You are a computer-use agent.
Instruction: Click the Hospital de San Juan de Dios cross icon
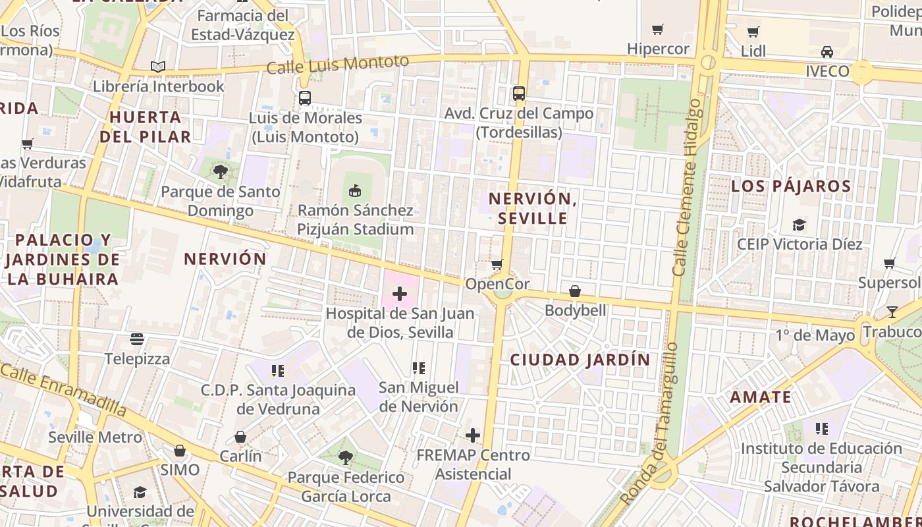pyautogui.click(x=400, y=294)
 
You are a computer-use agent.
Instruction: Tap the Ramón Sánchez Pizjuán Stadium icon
pyautogui.click(x=355, y=191)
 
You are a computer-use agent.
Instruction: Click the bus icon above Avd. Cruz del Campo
pyautogui.click(x=519, y=94)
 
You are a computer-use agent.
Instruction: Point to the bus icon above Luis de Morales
pyautogui.click(x=304, y=98)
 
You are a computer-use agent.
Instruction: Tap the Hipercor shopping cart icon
pyautogui.click(x=657, y=29)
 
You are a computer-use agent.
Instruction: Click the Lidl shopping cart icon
pyautogui.click(x=753, y=32)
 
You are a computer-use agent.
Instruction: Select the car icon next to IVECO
pyautogui.click(x=827, y=52)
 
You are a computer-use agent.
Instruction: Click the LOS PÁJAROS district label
pyautogui.click(x=791, y=186)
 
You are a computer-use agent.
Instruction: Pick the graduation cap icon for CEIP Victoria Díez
pyautogui.click(x=799, y=225)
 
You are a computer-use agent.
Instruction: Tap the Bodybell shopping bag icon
pyautogui.click(x=575, y=291)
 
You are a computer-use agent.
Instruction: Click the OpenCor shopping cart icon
pyautogui.click(x=497, y=265)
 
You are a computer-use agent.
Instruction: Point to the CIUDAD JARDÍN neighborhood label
pyautogui.click(x=580, y=360)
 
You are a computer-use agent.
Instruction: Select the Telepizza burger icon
pyautogui.click(x=137, y=339)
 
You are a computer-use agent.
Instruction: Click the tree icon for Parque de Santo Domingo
pyautogui.click(x=221, y=173)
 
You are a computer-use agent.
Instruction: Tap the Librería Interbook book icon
pyautogui.click(x=158, y=67)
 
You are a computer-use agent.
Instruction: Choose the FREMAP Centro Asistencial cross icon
pyautogui.click(x=473, y=435)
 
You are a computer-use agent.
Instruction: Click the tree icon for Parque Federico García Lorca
pyautogui.click(x=345, y=457)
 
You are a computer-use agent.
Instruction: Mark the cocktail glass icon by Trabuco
pyautogui.click(x=892, y=312)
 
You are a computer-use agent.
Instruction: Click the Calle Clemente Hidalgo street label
pyautogui.click(x=687, y=188)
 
